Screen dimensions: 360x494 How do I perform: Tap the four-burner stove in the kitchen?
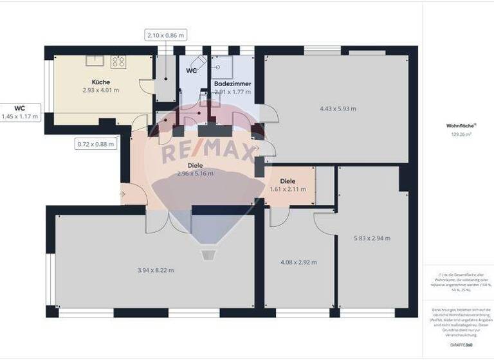click(x=118, y=62)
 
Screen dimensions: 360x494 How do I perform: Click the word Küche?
click(x=100, y=82)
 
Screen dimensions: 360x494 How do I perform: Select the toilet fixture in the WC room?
click(x=201, y=60)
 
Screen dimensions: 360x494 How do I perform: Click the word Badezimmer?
click(x=232, y=84)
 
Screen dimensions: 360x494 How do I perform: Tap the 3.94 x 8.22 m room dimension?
click(x=155, y=270)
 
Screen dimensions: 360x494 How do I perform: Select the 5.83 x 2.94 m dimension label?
click(x=372, y=239)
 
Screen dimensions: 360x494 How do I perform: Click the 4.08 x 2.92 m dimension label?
click(x=299, y=262)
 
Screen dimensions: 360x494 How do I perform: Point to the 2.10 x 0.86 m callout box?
click(x=165, y=35)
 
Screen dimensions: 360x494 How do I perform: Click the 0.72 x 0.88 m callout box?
click(x=96, y=144)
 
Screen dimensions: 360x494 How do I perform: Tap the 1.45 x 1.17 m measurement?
click(x=20, y=116)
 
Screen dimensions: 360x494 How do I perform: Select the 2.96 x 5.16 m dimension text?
click(x=195, y=174)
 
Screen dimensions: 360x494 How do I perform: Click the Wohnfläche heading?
click(x=459, y=127)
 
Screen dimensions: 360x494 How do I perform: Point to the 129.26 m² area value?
click(x=459, y=134)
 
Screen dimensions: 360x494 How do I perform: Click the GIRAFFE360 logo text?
click(x=459, y=345)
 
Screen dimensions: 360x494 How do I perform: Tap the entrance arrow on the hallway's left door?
click(x=123, y=192)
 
